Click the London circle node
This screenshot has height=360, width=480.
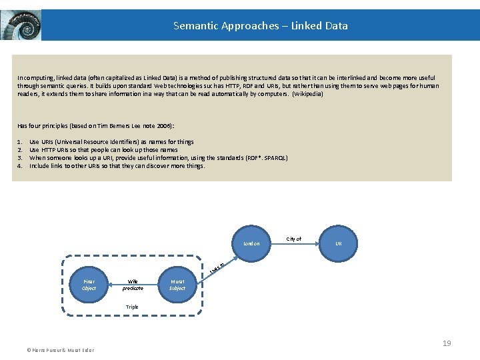pyautogui.click(x=251, y=243)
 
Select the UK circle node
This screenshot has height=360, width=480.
pyautogui.click(x=338, y=243)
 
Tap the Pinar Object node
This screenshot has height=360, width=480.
pyautogui.click(x=89, y=285)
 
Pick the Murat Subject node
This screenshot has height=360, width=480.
pyautogui.click(x=177, y=285)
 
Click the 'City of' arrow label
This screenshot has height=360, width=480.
pyautogui.click(x=294, y=239)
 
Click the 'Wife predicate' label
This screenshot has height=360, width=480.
pyautogui.click(x=133, y=285)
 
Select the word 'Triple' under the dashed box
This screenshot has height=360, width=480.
pyautogui.click(x=133, y=307)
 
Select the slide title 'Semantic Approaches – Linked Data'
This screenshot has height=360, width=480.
pyautogui.click(x=260, y=26)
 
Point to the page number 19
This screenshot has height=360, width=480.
pyautogui.click(x=447, y=343)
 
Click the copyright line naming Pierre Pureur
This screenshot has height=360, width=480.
pyautogui.click(x=60, y=350)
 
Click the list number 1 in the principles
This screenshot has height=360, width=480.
pyautogui.click(x=20, y=142)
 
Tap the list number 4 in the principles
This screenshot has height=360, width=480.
pyautogui.click(x=20, y=166)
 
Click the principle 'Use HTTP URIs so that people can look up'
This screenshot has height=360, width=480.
pyautogui.click(x=103, y=150)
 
